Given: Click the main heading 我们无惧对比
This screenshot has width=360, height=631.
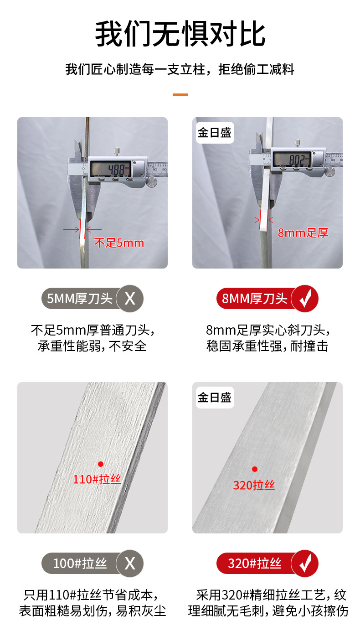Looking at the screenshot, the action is [x=180, y=34].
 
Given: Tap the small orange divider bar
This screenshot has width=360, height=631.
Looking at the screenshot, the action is [x=180, y=95].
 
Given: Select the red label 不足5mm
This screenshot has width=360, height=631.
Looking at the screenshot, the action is [x=119, y=243].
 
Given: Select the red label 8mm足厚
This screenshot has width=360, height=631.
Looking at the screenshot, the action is [x=303, y=233].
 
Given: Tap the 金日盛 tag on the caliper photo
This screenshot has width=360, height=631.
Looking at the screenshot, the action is [x=215, y=133].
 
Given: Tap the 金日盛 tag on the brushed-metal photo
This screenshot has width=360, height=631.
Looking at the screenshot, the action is [x=215, y=398].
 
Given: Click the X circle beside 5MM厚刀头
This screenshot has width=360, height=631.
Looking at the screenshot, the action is [x=130, y=299].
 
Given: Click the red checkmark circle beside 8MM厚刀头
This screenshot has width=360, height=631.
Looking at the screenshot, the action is [x=305, y=299].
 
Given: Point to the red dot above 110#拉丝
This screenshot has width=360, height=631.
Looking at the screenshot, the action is [x=101, y=464].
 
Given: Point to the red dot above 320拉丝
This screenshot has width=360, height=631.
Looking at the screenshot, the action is [x=255, y=469].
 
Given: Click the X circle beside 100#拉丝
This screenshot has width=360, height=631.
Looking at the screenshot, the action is [x=130, y=564].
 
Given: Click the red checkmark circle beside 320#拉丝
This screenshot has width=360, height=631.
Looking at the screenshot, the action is [x=305, y=564].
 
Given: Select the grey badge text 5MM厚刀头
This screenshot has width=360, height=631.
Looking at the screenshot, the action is [x=80, y=299].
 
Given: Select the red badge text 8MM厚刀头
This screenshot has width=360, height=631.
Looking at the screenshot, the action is [x=254, y=299].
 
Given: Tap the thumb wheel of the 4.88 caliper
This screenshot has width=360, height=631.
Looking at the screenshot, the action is [x=151, y=182].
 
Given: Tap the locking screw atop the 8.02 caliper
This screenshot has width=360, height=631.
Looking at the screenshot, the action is [x=297, y=144].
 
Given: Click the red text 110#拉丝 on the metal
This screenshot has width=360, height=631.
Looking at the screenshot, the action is [x=97, y=479].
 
